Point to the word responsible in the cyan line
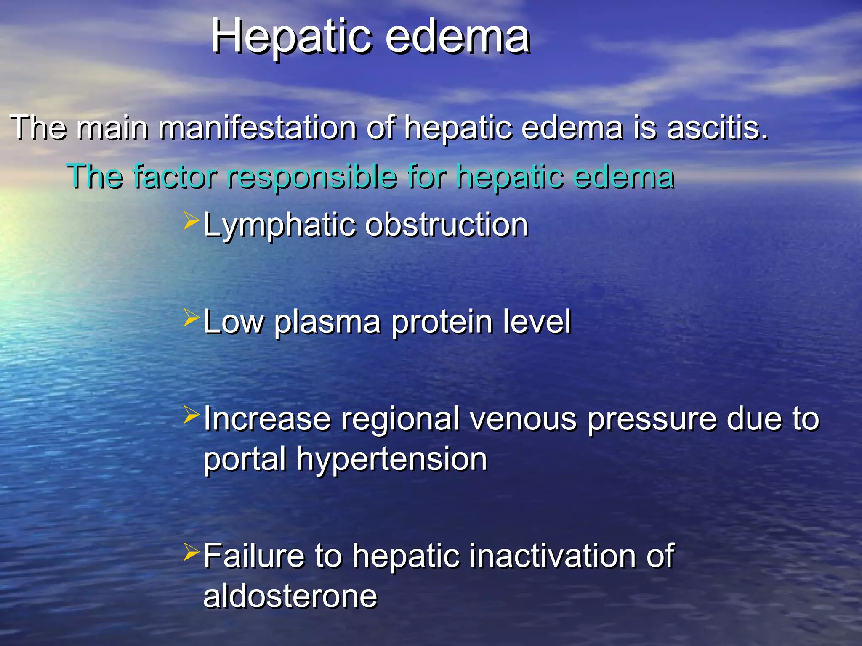pos(311,177)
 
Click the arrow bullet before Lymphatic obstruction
pos(191,221)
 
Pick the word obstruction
pos(447,225)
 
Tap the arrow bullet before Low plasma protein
pos(191,318)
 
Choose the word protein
pos(442,322)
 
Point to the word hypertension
pos(392,459)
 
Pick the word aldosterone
pos(290,596)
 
